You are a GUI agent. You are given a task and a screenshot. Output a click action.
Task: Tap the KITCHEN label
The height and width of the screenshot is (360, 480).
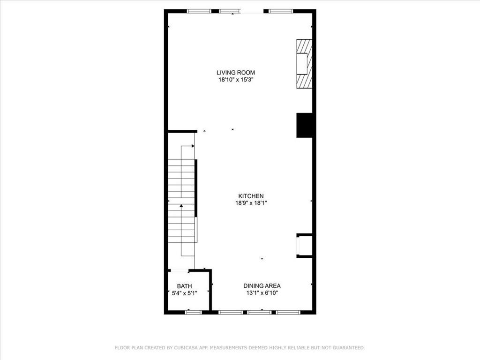251,196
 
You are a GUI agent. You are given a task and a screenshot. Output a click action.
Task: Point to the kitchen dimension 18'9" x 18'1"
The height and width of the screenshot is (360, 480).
251,203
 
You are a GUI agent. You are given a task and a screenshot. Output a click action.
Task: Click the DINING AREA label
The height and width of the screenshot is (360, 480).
262,285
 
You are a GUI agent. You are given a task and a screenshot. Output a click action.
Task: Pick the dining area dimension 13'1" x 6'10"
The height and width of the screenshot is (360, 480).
262,293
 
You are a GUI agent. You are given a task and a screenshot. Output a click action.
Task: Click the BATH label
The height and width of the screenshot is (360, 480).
184,286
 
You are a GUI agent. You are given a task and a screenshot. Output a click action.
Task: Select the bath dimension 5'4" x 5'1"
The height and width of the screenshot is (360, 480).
184,293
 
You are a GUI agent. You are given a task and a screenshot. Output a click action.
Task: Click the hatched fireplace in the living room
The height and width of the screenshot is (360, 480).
304,63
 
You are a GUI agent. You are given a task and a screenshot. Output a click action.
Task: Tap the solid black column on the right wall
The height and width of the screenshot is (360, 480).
304,125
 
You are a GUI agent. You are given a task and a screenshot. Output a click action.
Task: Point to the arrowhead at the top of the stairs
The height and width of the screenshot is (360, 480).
193,146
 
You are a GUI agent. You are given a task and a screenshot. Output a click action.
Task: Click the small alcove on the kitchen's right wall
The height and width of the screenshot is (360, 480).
305,245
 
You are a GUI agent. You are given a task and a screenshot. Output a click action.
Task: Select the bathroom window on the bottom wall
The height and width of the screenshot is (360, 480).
193,312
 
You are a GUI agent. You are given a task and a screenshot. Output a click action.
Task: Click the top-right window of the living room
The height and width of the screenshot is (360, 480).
281,11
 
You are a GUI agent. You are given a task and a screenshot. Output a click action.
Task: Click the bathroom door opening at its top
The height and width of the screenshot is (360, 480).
179,270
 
